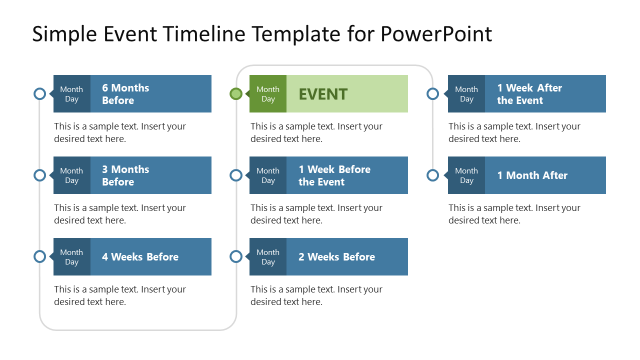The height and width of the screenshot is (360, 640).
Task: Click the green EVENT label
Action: click(x=323, y=94)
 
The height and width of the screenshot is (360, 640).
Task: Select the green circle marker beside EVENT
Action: click(x=236, y=94)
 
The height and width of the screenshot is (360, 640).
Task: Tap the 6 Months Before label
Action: click(x=125, y=94)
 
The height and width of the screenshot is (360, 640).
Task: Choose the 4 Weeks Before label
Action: click(x=140, y=257)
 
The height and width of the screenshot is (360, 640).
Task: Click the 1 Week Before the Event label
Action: click(x=334, y=175)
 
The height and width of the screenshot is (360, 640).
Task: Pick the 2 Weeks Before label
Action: click(x=336, y=257)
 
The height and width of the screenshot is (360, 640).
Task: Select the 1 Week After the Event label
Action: click(x=529, y=94)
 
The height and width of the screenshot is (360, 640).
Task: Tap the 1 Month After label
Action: click(x=532, y=175)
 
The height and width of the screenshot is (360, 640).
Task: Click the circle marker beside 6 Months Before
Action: click(x=39, y=94)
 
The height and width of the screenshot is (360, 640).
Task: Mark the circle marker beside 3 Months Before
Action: click(x=39, y=175)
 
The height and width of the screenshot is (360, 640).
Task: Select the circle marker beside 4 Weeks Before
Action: click(x=39, y=257)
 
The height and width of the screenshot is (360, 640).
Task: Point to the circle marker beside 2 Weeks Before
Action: click(x=236, y=257)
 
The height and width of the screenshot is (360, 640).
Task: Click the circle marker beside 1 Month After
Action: click(x=433, y=175)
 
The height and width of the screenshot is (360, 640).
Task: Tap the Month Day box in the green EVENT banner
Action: click(x=268, y=94)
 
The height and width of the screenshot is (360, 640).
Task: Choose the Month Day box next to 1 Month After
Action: click(x=466, y=175)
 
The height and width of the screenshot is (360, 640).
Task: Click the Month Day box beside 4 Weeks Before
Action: click(x=72, y=257)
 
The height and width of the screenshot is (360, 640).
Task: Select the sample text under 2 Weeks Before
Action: click(x=316, y=296)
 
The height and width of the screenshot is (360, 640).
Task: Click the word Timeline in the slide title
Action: click(x=193, y=35)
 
